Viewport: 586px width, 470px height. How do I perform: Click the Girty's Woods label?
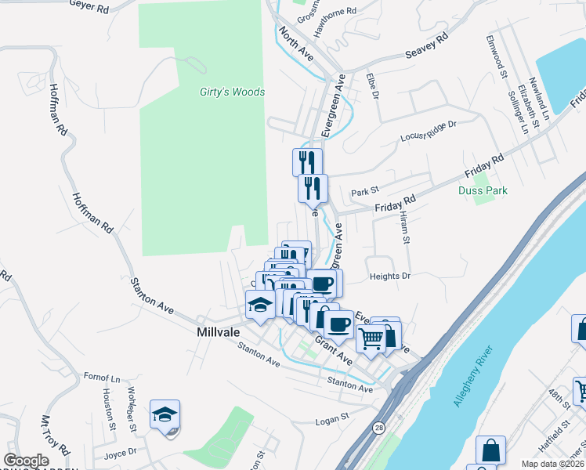point(232,92)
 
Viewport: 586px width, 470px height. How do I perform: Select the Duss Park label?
point(483,190)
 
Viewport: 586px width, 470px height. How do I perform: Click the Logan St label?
point(331,421)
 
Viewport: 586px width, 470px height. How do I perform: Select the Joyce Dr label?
point(119,452)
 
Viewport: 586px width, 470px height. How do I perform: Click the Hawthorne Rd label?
point(335,13)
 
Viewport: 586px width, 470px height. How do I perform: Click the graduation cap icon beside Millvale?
point(260,305)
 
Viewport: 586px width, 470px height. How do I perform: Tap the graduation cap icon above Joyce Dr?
point(165,414)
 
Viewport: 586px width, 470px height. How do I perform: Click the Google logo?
point(27,461)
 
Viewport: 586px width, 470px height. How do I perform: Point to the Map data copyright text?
point(553,463)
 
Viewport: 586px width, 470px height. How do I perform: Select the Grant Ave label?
point(334,349)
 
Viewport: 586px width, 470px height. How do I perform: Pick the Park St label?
point(364,192)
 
